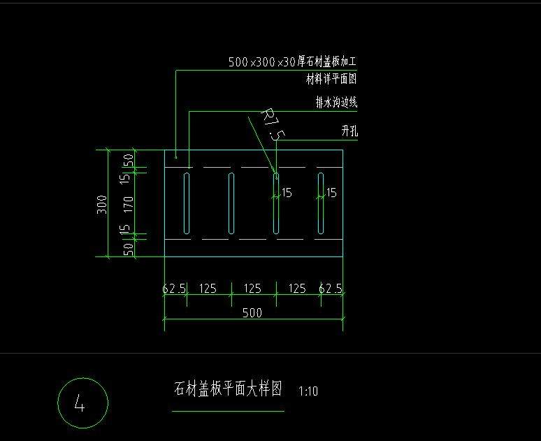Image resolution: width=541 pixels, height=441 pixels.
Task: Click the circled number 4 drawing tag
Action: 82,403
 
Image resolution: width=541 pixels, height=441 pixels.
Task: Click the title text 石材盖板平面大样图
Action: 228,389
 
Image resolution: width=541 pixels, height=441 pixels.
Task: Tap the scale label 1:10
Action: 308,391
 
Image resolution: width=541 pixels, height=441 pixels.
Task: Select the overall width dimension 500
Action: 252,313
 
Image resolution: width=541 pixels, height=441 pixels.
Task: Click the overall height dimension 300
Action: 101,204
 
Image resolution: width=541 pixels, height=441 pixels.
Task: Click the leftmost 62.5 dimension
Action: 174,288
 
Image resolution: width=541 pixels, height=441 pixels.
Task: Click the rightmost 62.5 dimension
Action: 331,288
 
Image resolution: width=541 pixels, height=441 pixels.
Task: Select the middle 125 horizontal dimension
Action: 252,288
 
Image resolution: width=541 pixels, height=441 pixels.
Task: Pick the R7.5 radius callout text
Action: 270,124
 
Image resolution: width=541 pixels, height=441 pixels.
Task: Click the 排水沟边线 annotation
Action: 336,103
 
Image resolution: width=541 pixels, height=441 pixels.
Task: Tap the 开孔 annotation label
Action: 349,131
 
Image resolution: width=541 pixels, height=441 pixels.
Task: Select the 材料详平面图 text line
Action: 332,78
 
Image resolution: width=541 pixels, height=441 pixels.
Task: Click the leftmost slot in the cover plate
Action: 187,203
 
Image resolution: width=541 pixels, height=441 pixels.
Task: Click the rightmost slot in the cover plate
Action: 321,203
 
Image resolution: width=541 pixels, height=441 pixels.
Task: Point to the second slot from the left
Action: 231,203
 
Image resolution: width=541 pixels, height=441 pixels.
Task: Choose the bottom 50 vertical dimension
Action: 128,249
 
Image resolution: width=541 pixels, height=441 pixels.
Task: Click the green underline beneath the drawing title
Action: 228,411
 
